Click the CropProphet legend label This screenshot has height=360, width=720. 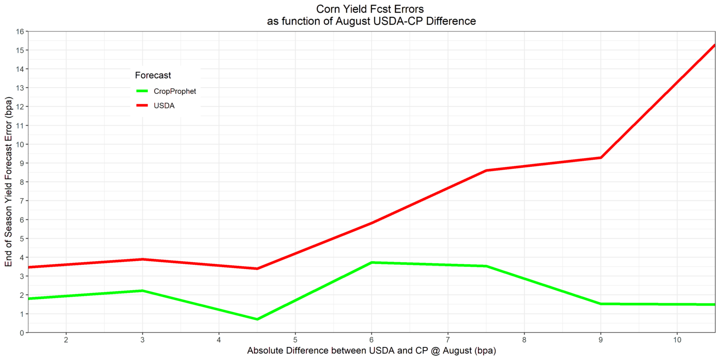coord(175,91)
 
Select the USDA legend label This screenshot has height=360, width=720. coord(164,106)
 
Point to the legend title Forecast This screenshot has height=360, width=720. coord(152,75)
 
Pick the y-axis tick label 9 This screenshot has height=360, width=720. coord(22,163)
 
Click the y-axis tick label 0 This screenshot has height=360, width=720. coord(22,332)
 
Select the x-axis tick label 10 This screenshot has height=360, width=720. coord(677,340)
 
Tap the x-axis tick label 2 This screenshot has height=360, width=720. coord(66,340)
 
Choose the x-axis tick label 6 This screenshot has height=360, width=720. coord(371,340)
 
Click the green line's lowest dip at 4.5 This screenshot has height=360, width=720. coord(257,319)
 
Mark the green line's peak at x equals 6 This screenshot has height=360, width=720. coord(371,262)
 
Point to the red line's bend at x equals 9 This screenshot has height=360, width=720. coord(600,157)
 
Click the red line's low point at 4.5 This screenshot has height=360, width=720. coord(257,269)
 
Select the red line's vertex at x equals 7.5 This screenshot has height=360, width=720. coord(487,170)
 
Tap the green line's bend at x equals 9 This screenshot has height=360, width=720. coord(600,304)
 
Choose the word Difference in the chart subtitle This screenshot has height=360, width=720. coord(452,21)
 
